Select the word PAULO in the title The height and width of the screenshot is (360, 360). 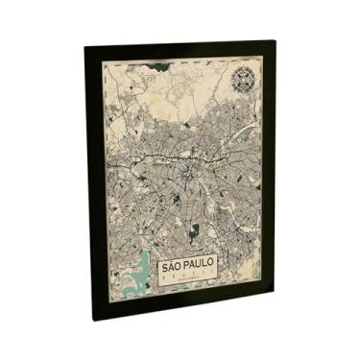200,264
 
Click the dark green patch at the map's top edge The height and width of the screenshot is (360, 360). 163,67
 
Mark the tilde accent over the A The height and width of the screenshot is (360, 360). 172,257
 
